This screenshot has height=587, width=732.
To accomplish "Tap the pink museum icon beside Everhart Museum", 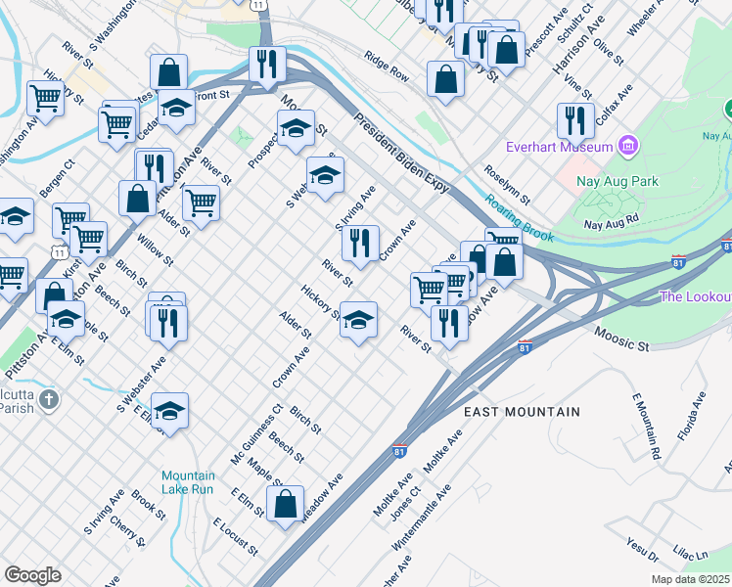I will [x=628, y=148].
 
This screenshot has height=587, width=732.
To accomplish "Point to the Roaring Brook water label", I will [x=520, y=217].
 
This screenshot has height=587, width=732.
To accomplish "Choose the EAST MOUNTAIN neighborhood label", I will [x=522, y=413].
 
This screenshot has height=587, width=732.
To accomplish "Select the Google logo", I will [x=32, y=575].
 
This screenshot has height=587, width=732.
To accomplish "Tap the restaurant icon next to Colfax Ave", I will [x=574, y=119].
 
